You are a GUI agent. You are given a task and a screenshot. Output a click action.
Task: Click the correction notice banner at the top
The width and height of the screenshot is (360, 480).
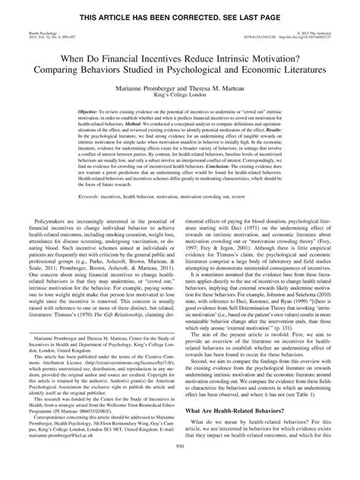(180, 7)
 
